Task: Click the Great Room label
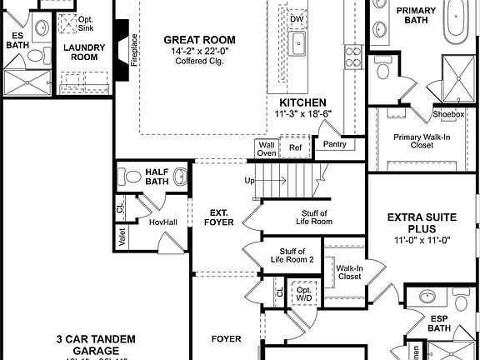(199, 39)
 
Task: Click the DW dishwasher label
(297, 18)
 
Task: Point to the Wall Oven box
(267, 148)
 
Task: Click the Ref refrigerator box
(294, 148)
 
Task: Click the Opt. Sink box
(86, 21)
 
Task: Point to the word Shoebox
(448, 114)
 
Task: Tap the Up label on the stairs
(248, 181)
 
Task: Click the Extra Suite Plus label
(422, 224)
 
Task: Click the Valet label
(122, 237)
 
